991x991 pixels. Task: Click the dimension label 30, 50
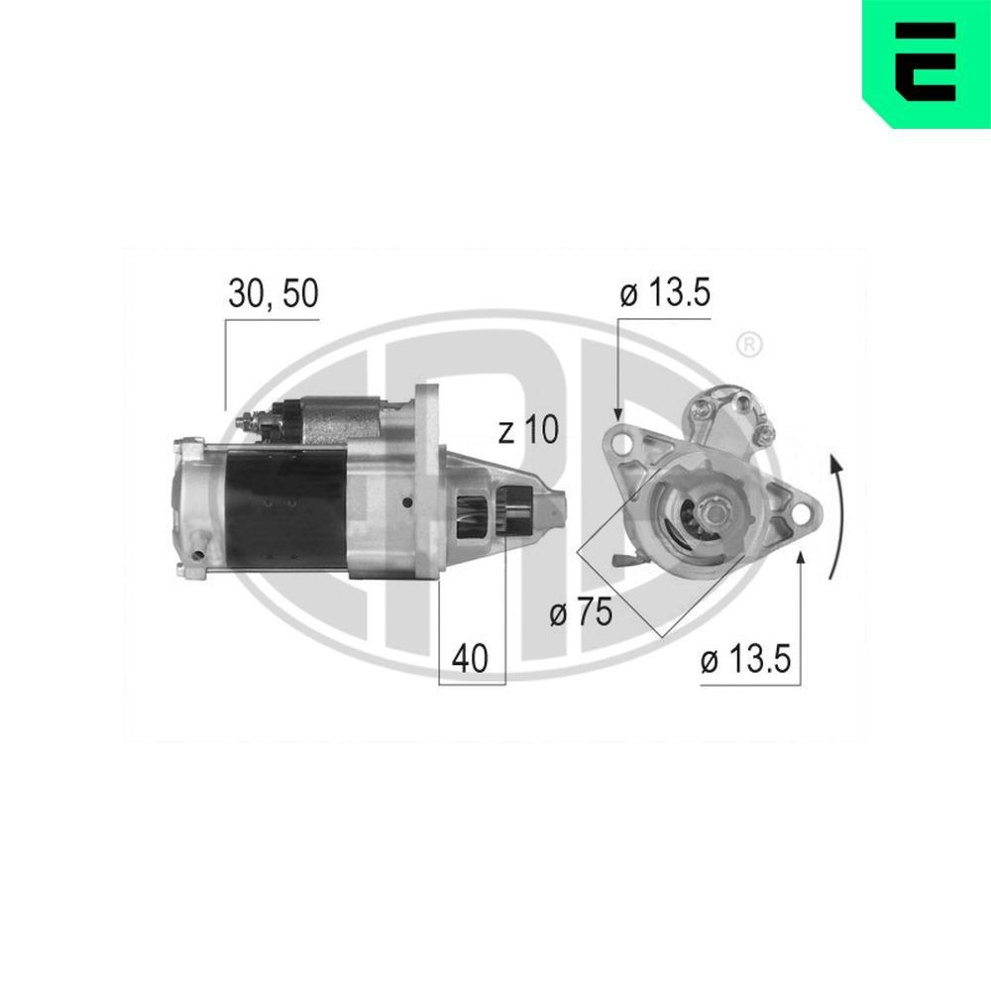[x=273, y=295]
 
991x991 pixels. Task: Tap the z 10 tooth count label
[x=528, y=430]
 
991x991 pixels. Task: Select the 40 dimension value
[x=470, y=660]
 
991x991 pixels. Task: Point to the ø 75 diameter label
[x=581, y=613]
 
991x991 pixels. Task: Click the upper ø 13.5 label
[x=665, y=295]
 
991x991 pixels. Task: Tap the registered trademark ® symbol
[x=749, y=345]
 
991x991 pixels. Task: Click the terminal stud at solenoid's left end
[x=248, y=425]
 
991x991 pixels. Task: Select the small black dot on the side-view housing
[x=407, y=502]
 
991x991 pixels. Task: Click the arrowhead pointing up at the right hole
[x=801, y=561]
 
